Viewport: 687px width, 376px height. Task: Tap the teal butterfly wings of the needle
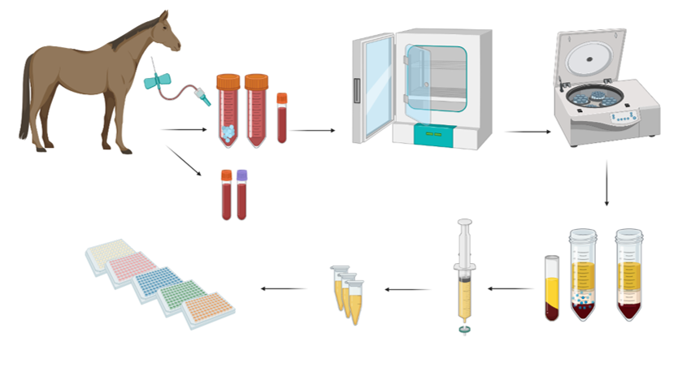(156, 82)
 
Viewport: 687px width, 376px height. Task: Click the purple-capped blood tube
(241, 195)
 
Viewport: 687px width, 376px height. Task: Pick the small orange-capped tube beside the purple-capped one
(226, 195)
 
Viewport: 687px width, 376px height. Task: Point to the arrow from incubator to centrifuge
(526, 131)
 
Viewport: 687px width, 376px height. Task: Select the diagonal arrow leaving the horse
(185, 161)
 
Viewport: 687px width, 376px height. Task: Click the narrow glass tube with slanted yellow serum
(552, 288)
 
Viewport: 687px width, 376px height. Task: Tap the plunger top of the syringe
(464, 223)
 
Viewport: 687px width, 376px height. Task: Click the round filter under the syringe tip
(464, 330)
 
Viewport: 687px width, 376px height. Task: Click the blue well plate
(159, 282)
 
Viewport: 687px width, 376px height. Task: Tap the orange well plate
(208, 309)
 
